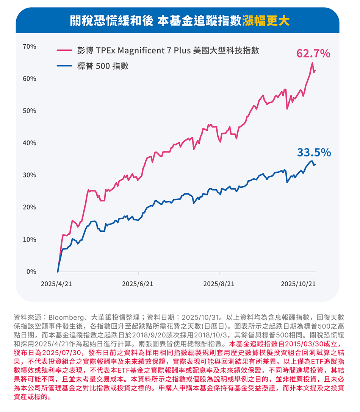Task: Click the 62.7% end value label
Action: click(313, 54)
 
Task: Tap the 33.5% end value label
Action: click(314, 152)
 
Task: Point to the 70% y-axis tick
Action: click(29, 47)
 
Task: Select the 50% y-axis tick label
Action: click(29, 111)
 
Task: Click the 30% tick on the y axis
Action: click(29, 175)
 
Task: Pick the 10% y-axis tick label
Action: click(29, 240)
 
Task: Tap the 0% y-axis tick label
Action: click(31, 272)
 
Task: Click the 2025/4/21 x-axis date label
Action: click(56, 284)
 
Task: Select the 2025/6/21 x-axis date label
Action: click(138, 284)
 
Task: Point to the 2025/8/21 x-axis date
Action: click(219, 284)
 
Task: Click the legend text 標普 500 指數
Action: click(103, 66)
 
